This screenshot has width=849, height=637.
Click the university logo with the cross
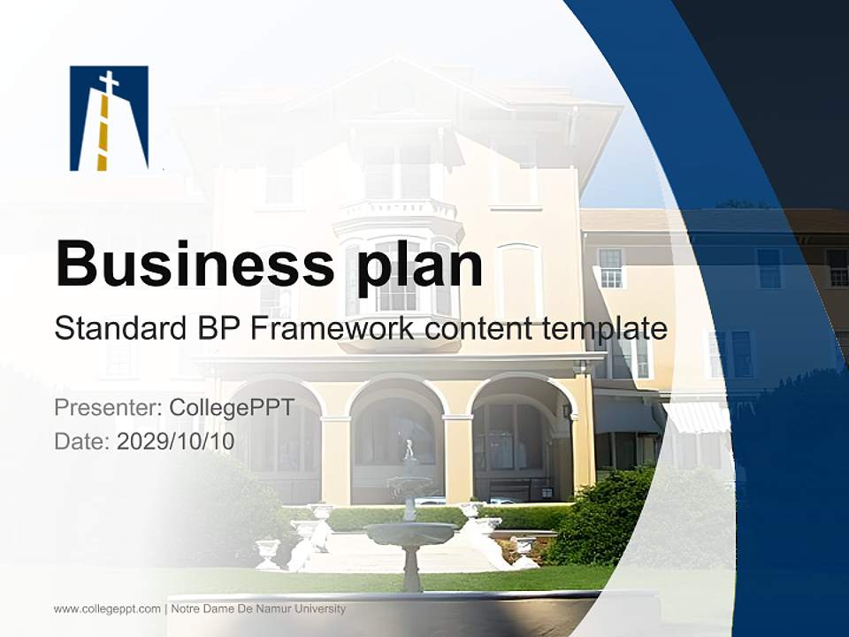tap(109, 118)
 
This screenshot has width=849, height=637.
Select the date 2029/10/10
tap(176, 441)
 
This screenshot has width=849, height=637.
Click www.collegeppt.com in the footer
tap(107, 609)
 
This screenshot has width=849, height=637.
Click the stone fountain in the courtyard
tap(409, 531)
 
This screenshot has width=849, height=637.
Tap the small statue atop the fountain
tap(409, 450)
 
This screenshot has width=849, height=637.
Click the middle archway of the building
tap(396, 434)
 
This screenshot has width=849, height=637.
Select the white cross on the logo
tap(109, 83)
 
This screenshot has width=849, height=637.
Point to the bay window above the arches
tap(397, 265)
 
